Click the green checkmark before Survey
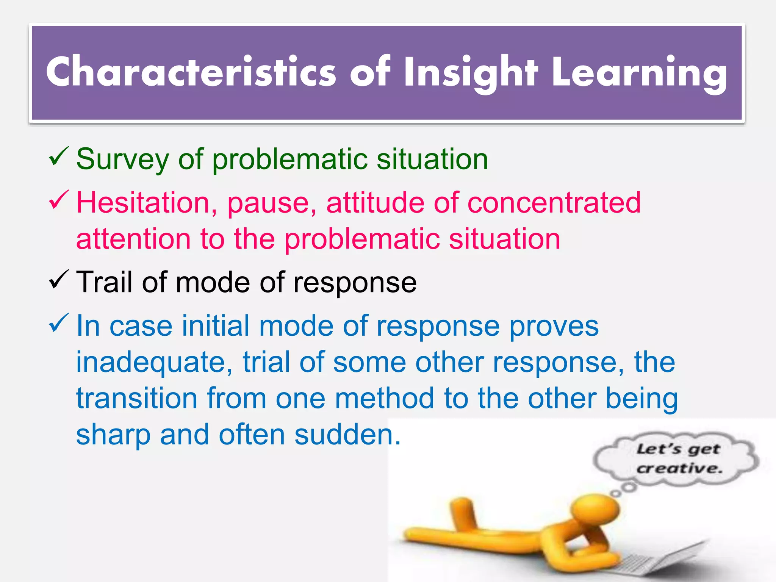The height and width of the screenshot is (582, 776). pos(58,157)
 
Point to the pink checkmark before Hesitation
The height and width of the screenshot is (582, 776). pos(58,200)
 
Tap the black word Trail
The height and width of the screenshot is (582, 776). pos(105,282)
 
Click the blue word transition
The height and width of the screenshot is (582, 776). pos(137,399)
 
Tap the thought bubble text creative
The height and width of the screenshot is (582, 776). pos(679,469)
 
